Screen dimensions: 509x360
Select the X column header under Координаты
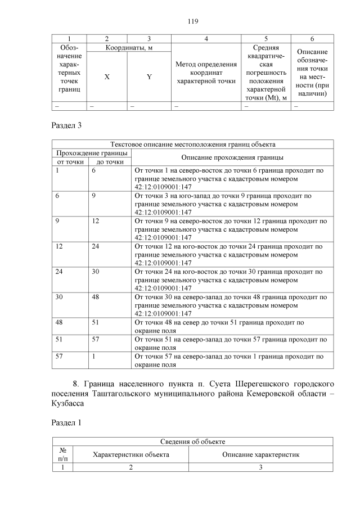tap(107, 76)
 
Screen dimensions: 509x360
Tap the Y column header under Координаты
tap(148, 76)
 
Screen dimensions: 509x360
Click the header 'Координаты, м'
tap(128, 48)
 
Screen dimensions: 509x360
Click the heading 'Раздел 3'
tap(66, 125)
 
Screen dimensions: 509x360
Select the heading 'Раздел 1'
tap(66, 423)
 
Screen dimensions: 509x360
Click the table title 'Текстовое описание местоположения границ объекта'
tap(193, 145)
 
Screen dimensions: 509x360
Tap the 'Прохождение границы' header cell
tap(91, 153)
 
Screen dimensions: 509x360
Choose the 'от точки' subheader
tap(70, 162)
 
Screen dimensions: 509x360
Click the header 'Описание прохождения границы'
tap(231, 157)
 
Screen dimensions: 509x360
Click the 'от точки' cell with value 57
tap(59, 357)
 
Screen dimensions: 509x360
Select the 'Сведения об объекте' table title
tap(193, 442)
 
